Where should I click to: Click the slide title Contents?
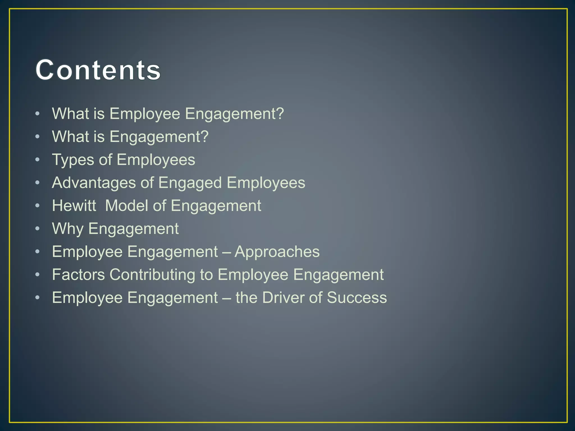click(98, 70)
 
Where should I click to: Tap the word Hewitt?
click(74, 206)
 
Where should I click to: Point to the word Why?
click(68, 229)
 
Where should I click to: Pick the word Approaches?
click(277, 252)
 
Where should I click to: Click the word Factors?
click(79, 274)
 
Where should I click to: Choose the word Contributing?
click(152, 275)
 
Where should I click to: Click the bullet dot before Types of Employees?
click(38, 160)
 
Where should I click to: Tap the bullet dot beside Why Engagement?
click(38, 228)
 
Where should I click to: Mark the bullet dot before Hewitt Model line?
click(38, 205)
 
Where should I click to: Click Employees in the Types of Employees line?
click(156, 160)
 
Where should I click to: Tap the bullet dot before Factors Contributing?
click(38, 274)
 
